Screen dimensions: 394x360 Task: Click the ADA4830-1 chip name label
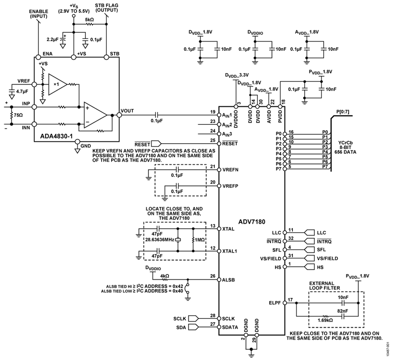pyautogui.click(x=56, y=136)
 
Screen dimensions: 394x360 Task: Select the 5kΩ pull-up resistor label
pyautogui.click(x=89, y=19)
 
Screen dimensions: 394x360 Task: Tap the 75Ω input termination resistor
pyautogui.click(x=11, y=115)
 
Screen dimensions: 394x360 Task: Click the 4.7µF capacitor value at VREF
pyautogui.click(x=22, y=92)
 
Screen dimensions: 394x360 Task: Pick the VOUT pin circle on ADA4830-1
pyautogui.click(x=119, y=115)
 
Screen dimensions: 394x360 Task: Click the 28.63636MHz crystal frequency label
pyautogui.click(x=159, y=240)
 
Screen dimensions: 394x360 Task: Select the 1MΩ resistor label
pyautogui.click(x=200, y=240)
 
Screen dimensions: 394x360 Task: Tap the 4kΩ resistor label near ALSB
pyautogui.click(x=165, y=276)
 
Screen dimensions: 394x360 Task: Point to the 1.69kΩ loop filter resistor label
pyautogui.click(x=325, y=320)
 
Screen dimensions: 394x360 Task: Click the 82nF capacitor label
pyautogui.click(x=342, y=311)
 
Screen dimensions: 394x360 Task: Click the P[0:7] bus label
pyautogui.click(x=342, y=112)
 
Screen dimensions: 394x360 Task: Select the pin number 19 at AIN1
pyautogui.click(x=213, y=112)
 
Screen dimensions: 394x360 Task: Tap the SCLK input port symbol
pyautogui.click(x=193, y=318)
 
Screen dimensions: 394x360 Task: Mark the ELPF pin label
pyautogui.click(x=274, y=303)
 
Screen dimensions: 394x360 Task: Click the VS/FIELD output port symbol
pyautogui.click(x=310, y=258)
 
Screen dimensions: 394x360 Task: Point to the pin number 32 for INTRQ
pyautogui.click(x=291, y=238)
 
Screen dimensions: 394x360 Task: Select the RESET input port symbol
pyautogui.click(x=156, y=144)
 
